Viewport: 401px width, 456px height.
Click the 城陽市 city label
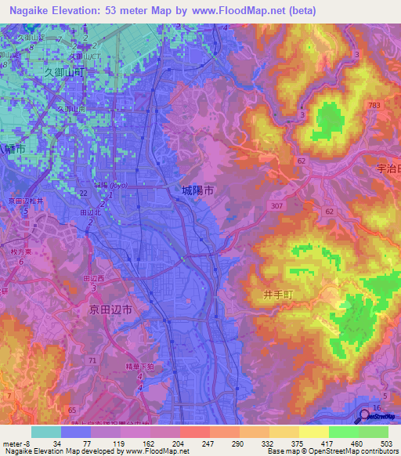(x=198, y=190)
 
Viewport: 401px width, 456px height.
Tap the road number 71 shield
(x=93, y=360)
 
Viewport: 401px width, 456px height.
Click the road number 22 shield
(x=83, y=192)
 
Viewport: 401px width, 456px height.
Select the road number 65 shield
(x=72, y=410)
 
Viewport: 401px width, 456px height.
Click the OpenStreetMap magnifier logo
(x=365, y=417)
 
